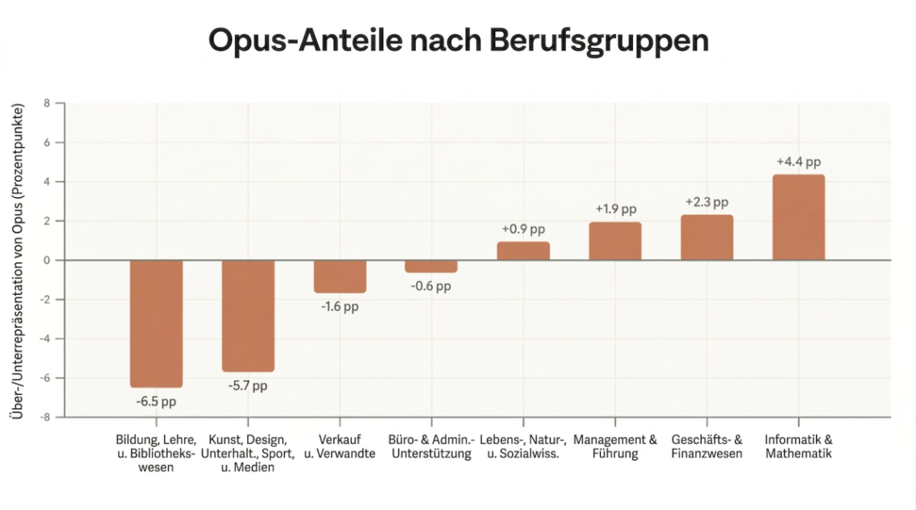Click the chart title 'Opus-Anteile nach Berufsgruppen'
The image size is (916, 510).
(458, 39)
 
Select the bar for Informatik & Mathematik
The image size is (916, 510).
(798, 217)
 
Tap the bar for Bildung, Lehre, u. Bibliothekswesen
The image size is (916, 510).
(156, 323)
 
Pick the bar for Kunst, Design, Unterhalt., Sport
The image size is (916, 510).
(248, 315)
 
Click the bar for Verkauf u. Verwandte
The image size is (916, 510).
(340, 276)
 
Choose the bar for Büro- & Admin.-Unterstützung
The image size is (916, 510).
(431, 267)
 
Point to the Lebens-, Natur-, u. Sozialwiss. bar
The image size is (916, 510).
(523, 251)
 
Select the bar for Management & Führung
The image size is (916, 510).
(614, 241)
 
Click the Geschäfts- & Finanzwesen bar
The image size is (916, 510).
(706, 237)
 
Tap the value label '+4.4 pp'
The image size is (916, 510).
(798, 162)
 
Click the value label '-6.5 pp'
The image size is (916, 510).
(156, 401)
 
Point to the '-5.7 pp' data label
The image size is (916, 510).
(248, 386)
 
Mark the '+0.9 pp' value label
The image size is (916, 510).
(523, 229)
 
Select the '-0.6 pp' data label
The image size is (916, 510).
(431, 286)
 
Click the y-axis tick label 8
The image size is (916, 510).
(47, 103)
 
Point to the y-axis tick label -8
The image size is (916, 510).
(45, 417)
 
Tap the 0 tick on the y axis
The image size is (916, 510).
(47, 260)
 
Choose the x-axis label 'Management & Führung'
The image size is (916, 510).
(614, 447)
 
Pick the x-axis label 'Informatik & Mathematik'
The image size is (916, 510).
(798, 447)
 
